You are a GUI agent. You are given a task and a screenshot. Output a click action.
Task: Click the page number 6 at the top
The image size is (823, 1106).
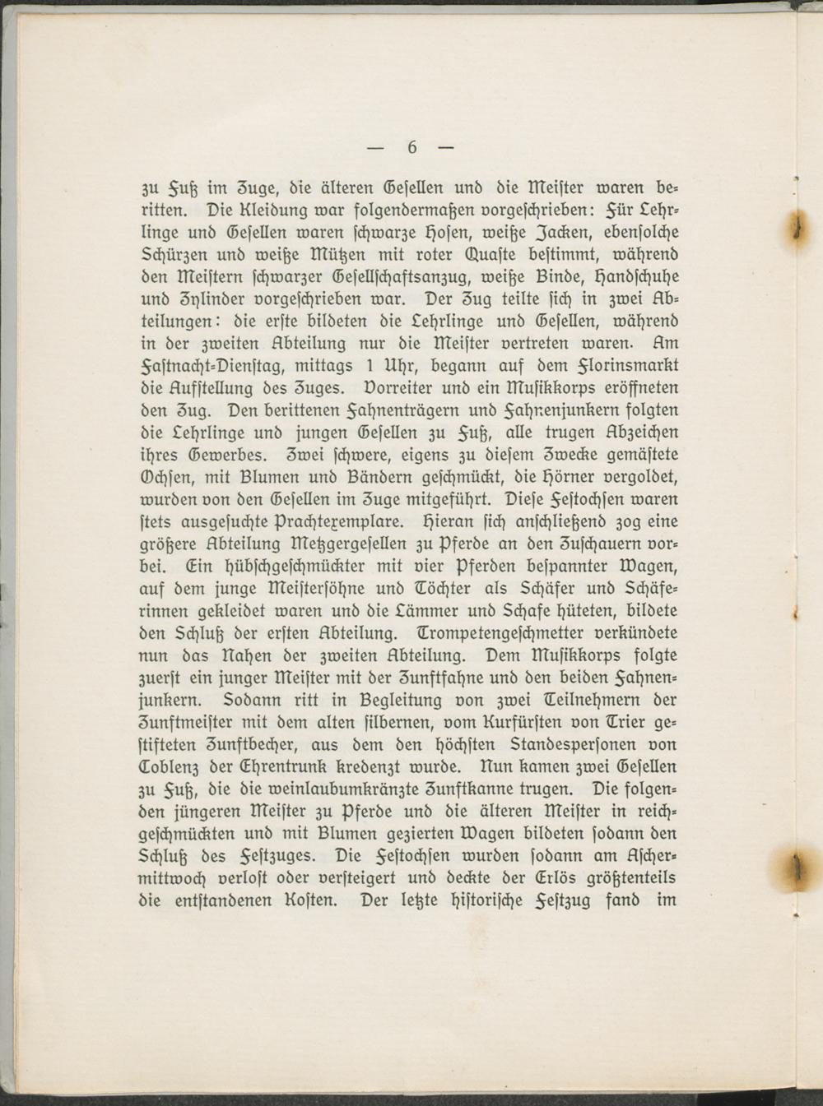point(411,148)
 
